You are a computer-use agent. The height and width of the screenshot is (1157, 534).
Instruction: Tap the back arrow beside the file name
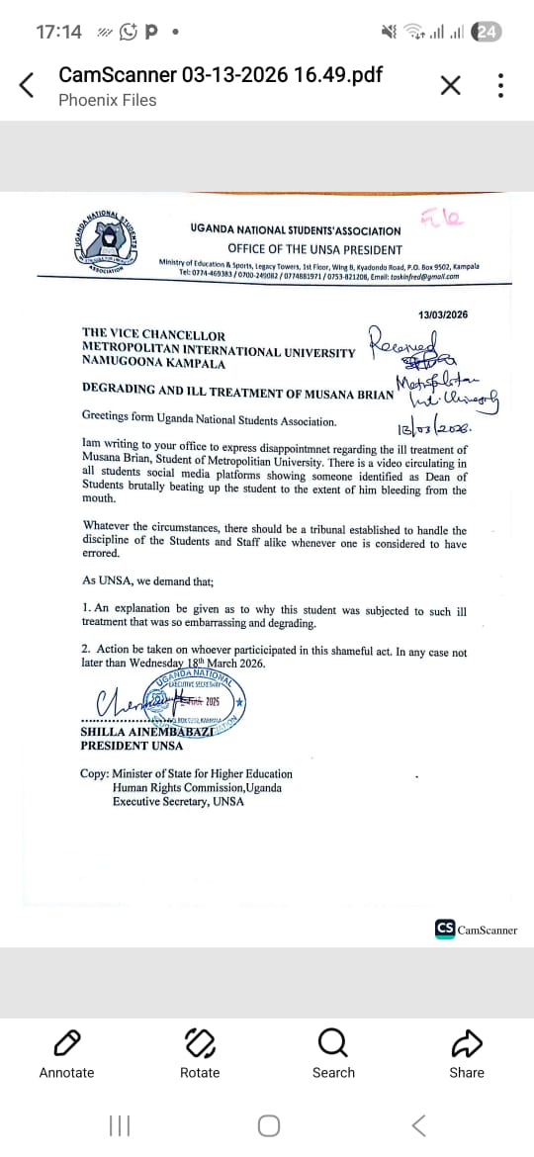point(28,85)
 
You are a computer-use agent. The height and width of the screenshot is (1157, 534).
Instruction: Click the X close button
point(450,85)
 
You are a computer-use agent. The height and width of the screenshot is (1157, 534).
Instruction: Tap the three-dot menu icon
point(500,85)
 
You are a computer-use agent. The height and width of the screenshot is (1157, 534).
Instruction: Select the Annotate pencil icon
point(66,1041)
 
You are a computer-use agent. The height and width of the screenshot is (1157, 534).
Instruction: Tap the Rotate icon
point(200,1041)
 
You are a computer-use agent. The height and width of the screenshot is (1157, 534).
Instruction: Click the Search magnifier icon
point(333,1041)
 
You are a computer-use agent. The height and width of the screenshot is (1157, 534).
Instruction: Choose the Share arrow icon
point(467,1041)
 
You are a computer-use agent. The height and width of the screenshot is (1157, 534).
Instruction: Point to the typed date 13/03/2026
point(443,314)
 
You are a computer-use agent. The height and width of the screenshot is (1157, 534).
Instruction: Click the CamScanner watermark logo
point(445,929)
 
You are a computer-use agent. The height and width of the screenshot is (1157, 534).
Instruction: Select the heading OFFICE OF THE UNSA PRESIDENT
point(314,249)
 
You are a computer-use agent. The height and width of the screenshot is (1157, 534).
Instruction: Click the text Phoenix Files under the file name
point(107,100)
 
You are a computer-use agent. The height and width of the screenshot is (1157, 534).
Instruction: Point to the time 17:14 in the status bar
point(58,32)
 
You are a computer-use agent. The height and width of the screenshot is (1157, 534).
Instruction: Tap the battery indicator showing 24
point(487,32)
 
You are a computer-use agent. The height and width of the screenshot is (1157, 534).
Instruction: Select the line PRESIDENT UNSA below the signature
point(132,745)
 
